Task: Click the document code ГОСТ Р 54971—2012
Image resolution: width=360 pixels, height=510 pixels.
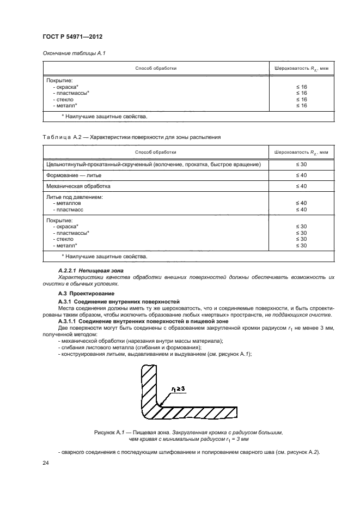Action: tap(72, 37)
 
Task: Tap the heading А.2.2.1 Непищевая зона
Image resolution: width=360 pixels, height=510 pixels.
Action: tap(90, 271)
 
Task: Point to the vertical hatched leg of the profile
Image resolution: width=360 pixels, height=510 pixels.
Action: tap(148, 387)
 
